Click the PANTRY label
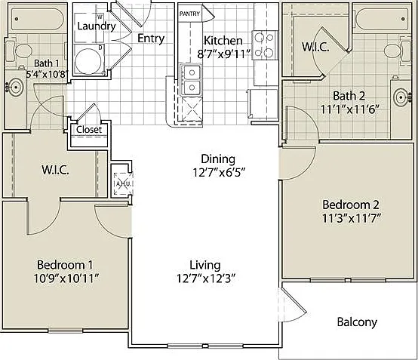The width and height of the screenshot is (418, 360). coord(189,14)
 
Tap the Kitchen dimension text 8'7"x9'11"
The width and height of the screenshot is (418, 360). coord(224,54)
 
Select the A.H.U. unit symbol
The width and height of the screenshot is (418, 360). coord(122,183)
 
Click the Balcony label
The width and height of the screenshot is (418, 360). coord(357,322)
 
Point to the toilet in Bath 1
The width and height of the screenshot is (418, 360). coord(18,50)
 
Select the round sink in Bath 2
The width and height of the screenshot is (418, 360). coord(401,97)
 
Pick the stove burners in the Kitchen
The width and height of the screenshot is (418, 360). coord(265,45)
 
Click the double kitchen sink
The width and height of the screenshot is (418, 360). coord(191,80)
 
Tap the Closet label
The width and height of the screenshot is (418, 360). coord(89,130)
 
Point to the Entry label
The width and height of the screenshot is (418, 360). coord(151,38)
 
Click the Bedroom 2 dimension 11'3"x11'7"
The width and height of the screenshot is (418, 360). coord(351,218)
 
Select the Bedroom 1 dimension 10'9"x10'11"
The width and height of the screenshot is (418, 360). coord(66,279)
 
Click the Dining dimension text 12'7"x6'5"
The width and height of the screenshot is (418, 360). coord(219,173)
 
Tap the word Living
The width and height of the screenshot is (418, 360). coord(205,266)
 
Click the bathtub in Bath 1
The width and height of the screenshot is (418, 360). coord(37,19)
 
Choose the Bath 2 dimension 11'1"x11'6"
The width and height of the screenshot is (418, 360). coord(349,109)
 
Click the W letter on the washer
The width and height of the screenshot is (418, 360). coord(100,17)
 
